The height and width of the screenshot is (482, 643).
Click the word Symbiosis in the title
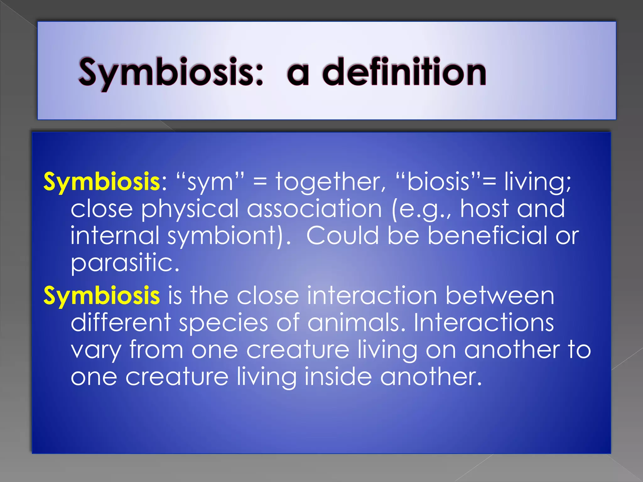pyautogui.click(x=170, y=73)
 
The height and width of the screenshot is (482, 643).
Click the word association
pyautogui.click(x=314, y=209)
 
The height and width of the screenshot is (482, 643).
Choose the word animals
pyautogui.click(x=356, y=323)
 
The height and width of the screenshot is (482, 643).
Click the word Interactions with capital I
pyautogui.click(x=484, y=323)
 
